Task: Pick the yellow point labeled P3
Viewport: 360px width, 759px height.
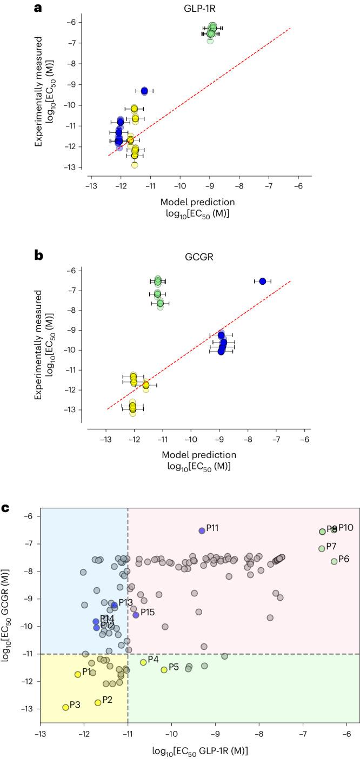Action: click(65, 707)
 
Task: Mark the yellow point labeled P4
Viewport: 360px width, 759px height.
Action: click(143, 662)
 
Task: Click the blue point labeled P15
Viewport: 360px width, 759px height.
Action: click(136, 615)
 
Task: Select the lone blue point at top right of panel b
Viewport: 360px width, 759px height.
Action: click(263, 281)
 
